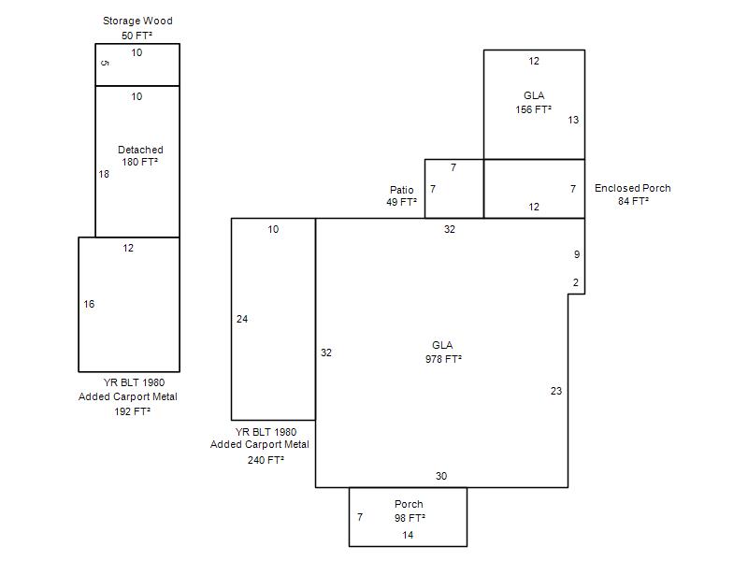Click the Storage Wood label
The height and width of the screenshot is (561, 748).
(x=137, y=21)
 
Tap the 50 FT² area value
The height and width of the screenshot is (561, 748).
(x=137, y=36)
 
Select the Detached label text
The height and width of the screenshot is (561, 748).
(x=140, y=150)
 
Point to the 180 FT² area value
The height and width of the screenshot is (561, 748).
(x=139, y=162)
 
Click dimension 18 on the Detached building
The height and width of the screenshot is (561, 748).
(x=104, y=174)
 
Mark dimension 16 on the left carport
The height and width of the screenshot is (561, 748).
(x=89, y=304)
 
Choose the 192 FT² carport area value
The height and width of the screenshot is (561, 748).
(x=132, y=411)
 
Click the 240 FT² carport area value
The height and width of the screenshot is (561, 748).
(x=266, y=460)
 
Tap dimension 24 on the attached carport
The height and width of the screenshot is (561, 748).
(x=242, y=319)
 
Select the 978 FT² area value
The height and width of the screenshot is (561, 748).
(x=443, y=359)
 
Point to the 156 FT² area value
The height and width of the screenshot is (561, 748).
(x=533, y=109)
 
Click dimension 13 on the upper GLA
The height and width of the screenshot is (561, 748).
(x=573, y=120)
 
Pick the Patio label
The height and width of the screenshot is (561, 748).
(x=402, y=190)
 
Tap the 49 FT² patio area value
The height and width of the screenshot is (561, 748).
(x=402, y=202)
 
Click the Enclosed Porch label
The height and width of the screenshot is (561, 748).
(x=633, y=188)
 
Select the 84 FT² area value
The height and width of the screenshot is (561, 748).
(x=634, y=201)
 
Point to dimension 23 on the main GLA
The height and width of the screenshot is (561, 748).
(x=556, y=391)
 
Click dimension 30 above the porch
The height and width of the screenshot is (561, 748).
(x=441, y=476)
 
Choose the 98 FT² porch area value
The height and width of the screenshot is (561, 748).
(x=410, y=518)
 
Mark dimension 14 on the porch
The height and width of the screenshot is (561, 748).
(x=408, y=535)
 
